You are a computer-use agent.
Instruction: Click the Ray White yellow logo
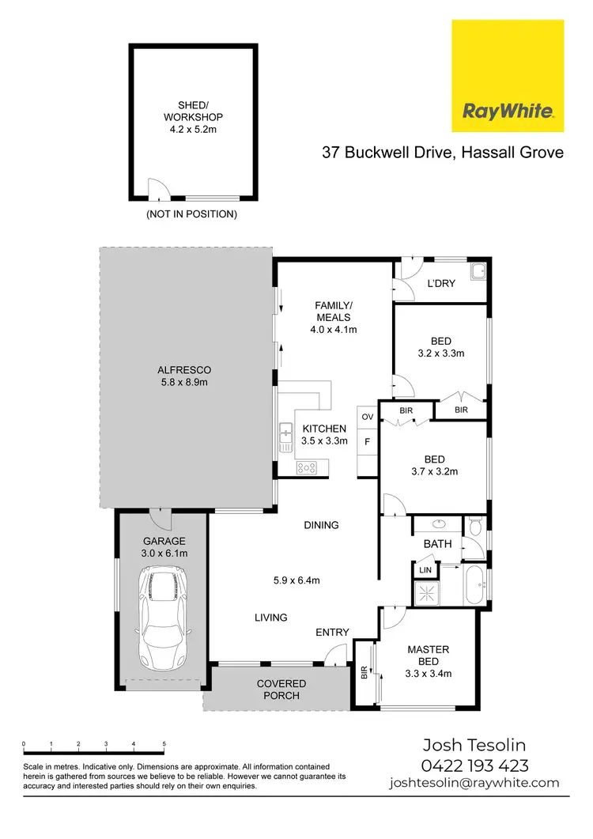[x=508, y=76]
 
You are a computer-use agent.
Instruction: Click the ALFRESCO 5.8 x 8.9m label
[x=184, y=376]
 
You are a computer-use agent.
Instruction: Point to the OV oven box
[x=367, y=416]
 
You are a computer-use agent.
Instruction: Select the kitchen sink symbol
[x=285, y=433]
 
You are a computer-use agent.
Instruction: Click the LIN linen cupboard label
[x=425, y=569]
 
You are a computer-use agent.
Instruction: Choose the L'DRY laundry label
[x=440, y=283]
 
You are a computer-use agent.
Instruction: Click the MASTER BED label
[x=428, y=656]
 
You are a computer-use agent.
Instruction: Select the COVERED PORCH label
[x=281, y=689]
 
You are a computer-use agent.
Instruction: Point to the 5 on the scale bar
[x=164, y=745]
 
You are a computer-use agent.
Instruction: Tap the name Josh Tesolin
[x=474, y=745]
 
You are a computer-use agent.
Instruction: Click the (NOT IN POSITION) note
[x=191, y=214]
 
